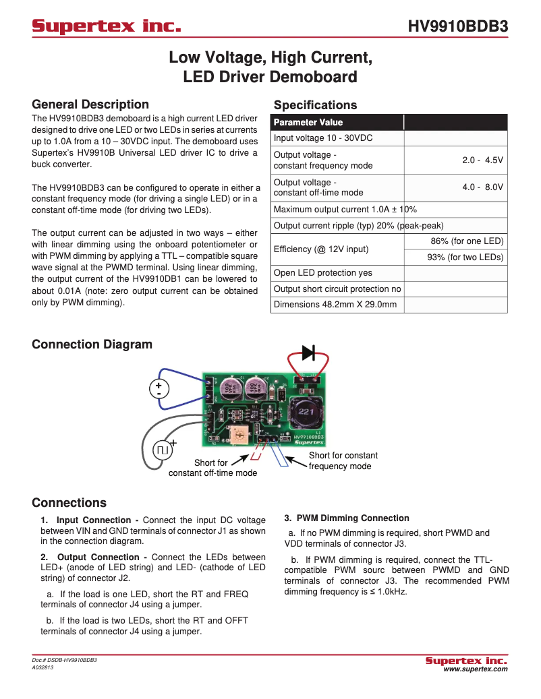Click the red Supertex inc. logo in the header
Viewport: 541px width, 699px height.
point(107,27)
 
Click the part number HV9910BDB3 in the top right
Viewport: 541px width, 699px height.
point(457,27)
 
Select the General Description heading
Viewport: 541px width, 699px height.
point(90,104)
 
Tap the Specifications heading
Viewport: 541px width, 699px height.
point(315,105)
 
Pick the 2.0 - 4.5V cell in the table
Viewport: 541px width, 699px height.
point(482,160)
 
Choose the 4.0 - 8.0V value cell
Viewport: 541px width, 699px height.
point(482,187)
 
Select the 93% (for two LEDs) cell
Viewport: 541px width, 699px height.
point(465,257)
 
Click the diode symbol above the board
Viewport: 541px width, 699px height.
point(308,352)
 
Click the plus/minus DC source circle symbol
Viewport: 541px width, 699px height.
point(159,388)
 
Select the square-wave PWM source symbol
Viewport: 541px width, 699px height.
point(163,449)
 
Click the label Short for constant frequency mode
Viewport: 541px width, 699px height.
point(343,461)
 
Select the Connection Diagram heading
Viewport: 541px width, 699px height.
point(92,344)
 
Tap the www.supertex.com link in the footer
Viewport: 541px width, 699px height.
point(475,669)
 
